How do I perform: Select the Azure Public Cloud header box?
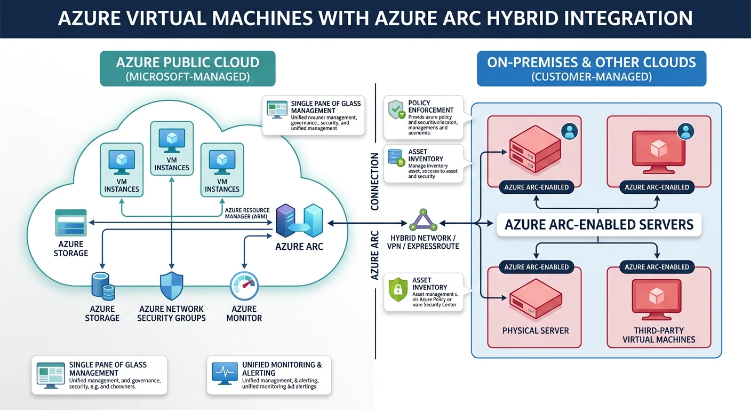[x=188, y=68]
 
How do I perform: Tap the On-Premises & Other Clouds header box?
[x=591, y=68]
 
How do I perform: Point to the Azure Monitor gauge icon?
[x=244, y=287]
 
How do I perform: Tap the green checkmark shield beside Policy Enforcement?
[x=395, y=110]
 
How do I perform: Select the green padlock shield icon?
[x=397, y=290]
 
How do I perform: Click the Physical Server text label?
[x=536, y=330]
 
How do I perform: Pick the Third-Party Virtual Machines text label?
[x=659, y=335]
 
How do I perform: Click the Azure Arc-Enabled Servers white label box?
[x=598, y=225]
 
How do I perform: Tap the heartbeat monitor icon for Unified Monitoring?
[x=225, y=373]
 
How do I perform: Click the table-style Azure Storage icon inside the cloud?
[x=70, y=223]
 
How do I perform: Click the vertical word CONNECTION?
[x=374, y=181]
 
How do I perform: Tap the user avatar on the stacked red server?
[x=570, y=131]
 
